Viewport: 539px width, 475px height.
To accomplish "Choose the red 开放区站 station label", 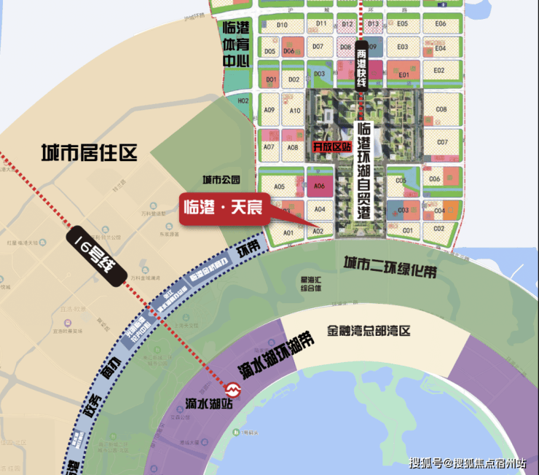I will pyautogui.click(x=331, y=146).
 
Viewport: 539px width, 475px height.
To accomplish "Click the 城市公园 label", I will pyautogui.click(x=221, y=180).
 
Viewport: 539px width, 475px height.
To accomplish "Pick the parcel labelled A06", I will pyautogui.click(x=319, y=186).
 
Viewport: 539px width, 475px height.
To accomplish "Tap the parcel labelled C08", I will pyautogui.click(x=441, y=110).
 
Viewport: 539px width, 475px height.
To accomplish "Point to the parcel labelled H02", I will pyautogui.click(x=243, y=101).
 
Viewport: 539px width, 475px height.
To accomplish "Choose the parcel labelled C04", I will pyautogui.click(x=439, y=211).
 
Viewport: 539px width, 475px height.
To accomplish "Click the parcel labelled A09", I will pyautogui.click(x=269, y=111).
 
